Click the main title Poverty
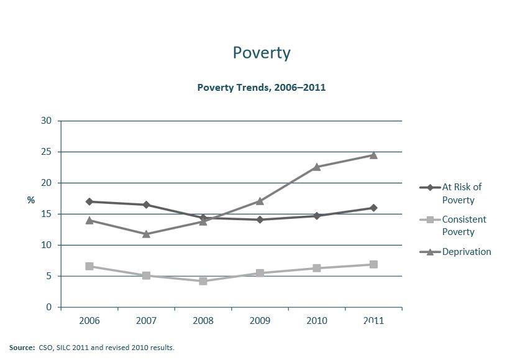click(262, 53)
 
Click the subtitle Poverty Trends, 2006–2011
click(262, 87)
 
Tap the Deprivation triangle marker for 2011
click(373, 155)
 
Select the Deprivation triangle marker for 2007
click(146, 234)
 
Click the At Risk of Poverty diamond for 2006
click(89, 201)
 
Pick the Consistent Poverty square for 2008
click(203, 281)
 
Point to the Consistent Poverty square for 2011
click(373, 264)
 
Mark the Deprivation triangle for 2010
click(316, 167)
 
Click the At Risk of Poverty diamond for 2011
click(373, 208)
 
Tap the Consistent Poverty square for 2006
click(89, 266)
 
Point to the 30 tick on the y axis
click(46, 121)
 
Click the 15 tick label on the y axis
click(46, 214)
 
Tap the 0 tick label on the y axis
click(48, 307)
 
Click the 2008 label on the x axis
click(203, 321)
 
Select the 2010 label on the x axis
click(316, 321)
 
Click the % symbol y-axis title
click(31, 200)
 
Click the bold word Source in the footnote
click(22, 348)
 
